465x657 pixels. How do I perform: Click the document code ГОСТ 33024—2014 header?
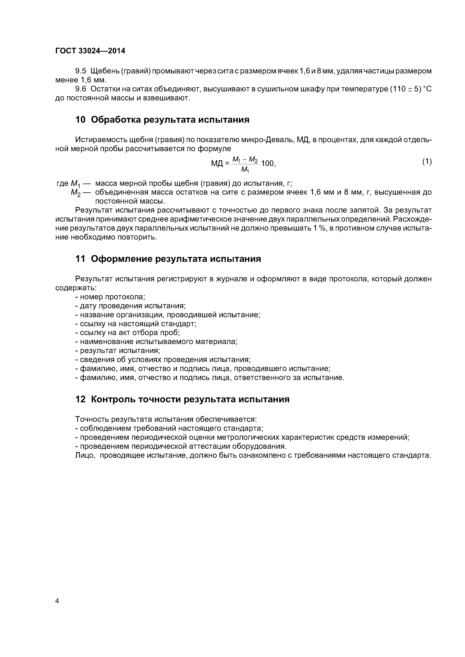point(90,51)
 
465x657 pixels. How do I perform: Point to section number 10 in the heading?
point(80,120)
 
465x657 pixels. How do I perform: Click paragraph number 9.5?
point(80,71)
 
